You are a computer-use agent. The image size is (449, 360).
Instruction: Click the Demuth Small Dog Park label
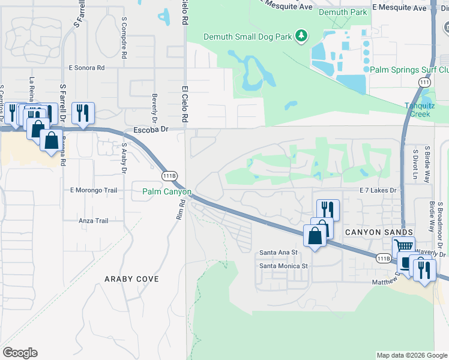(247, 37)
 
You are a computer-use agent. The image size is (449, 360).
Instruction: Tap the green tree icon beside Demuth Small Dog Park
(302, 37)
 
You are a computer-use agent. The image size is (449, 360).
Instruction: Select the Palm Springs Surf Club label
(409, 70)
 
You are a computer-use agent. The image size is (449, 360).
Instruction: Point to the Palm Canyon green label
(166, 192)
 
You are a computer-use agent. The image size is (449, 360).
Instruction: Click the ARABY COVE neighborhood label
(131, 279)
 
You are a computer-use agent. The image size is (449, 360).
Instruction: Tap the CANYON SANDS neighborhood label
(378, 232)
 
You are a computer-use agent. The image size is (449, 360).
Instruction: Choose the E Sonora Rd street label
(86, 68)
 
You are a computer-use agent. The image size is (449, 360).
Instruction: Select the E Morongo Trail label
(93, 191)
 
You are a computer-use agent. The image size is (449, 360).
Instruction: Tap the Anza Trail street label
(94, 221)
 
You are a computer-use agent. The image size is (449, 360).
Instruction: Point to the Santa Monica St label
(283, 265)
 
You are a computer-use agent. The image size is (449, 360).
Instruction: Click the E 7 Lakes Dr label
(378, 190)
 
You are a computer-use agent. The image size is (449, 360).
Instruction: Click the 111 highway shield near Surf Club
(424, 82)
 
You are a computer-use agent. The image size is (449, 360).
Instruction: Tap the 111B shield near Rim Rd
(170, 176)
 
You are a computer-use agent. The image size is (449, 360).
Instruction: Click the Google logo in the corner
(20, 353)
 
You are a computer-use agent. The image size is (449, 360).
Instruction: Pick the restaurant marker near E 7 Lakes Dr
(328, 209)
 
